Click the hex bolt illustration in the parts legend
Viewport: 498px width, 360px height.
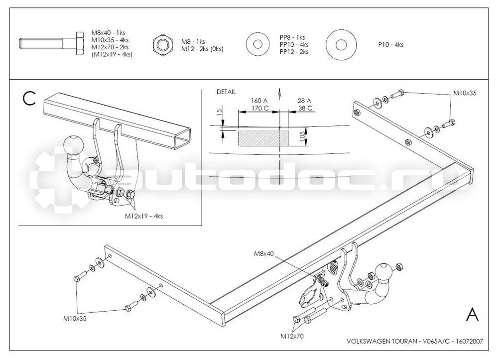(x=51, y=43)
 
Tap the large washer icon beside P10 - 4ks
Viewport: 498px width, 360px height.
(x=341, y=45)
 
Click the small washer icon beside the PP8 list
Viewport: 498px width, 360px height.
(x=258, y=44)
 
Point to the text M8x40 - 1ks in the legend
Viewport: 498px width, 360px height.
(x=108, y=33)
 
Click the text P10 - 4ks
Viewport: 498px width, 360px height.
(x=390, y=45)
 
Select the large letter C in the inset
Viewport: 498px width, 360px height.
(x=29, y=99)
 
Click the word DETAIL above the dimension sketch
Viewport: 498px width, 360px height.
(x=226, y=92)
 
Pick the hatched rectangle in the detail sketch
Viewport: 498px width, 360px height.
(x=263, y=138)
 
